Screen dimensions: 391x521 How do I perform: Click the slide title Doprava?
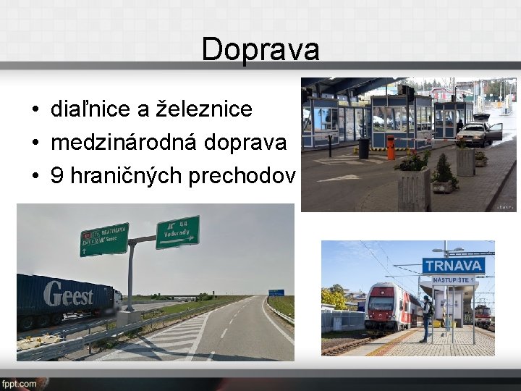[260, 49]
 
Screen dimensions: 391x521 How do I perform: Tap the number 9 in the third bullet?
[56, 176]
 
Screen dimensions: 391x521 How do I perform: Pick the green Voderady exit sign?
[177, 232]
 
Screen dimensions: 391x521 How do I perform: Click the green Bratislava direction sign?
[103, 240]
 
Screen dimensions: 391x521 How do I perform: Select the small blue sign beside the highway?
[276, 293]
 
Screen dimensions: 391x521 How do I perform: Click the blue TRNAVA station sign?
[453, 266]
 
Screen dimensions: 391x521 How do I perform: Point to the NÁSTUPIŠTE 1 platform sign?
[453, 279]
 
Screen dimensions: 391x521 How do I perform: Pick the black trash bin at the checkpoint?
[363, 148]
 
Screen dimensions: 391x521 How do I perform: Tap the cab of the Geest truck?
[117, 298]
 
